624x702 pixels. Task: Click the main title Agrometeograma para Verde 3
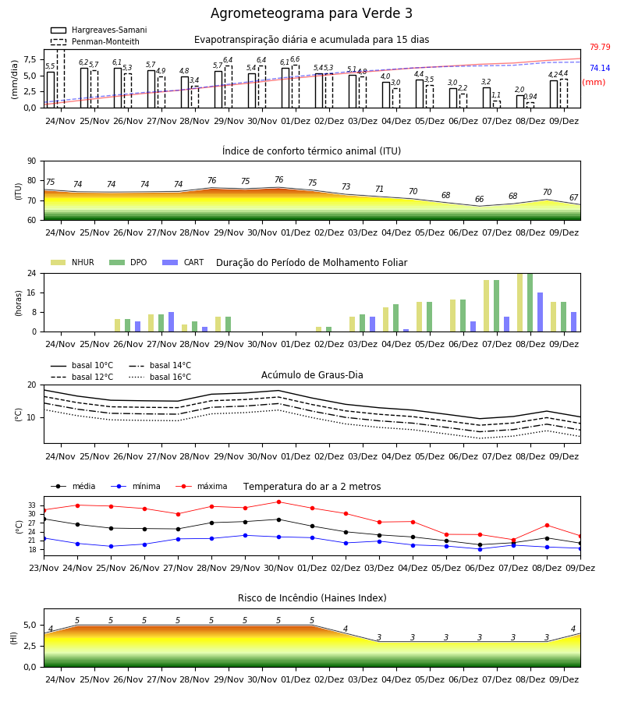311,13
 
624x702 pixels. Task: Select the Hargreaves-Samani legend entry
99,30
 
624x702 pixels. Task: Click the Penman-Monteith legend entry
95,41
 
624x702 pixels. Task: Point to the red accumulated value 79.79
600,47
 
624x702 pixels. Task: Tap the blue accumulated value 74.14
600,68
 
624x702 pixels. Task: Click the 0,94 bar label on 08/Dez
530,97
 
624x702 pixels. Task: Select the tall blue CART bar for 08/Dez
541,312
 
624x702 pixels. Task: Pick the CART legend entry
183,262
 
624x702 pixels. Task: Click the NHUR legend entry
73,262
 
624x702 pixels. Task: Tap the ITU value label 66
480,199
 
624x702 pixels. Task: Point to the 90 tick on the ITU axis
32,161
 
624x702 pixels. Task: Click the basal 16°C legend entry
160,377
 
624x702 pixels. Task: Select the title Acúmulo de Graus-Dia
312,375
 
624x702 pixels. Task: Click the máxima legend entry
201,486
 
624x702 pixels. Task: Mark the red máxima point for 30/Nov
279,502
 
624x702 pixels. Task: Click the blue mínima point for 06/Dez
480,549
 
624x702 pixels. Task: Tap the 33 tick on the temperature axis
32,505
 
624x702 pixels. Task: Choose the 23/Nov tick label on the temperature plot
44,568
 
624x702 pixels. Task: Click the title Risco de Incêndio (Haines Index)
312,598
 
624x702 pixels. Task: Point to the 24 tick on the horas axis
32,273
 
